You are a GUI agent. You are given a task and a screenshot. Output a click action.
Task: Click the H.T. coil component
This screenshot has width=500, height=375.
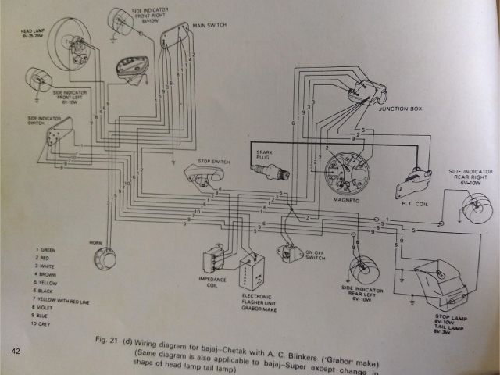pos(413,181)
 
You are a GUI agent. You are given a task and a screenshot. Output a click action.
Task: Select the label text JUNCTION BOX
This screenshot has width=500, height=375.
pos(399,109)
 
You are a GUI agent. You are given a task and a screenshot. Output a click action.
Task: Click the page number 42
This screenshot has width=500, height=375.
pos(16,351)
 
